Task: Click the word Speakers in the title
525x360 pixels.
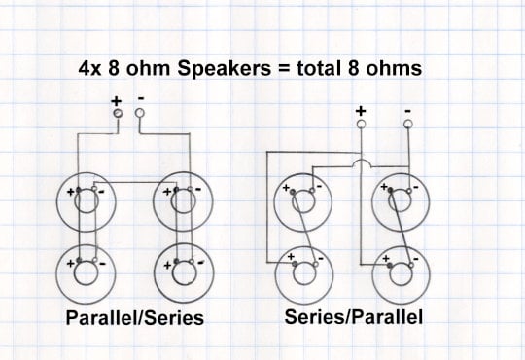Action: [x=224, y=69]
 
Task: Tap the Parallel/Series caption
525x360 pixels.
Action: [x=135, y=317]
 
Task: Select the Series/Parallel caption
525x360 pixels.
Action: [x=353, y=316]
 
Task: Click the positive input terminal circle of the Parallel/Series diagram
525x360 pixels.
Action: [x=118, y=113]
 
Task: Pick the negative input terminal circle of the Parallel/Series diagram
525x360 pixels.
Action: [x=140, y=113]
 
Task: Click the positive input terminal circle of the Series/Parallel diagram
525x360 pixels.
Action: [x=361, y=125]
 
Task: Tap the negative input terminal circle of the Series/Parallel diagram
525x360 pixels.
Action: [x=408, y=125]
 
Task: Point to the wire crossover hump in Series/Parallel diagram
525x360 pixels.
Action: [x=362, y=162]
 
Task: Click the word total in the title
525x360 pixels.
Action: [x=316, y=68]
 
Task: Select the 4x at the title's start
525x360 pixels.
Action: [x=89, y=69]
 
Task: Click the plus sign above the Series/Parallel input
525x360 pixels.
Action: [x=361, y=111]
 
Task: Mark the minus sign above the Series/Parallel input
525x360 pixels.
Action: [x=407, y=111]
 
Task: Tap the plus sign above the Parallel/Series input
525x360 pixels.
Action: [x=117, y=101]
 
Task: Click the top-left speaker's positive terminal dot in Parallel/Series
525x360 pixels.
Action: [x=79, y=190]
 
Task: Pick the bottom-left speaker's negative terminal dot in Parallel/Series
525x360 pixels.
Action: [x=94, y=260]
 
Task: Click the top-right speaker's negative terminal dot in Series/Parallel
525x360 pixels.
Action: [x=408, y=191]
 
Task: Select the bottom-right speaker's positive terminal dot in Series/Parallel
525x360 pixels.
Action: [x=390, y=266]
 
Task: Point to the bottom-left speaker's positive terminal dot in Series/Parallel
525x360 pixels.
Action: [x=295, y=264]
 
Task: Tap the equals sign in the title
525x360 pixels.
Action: [x=283, y=69]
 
